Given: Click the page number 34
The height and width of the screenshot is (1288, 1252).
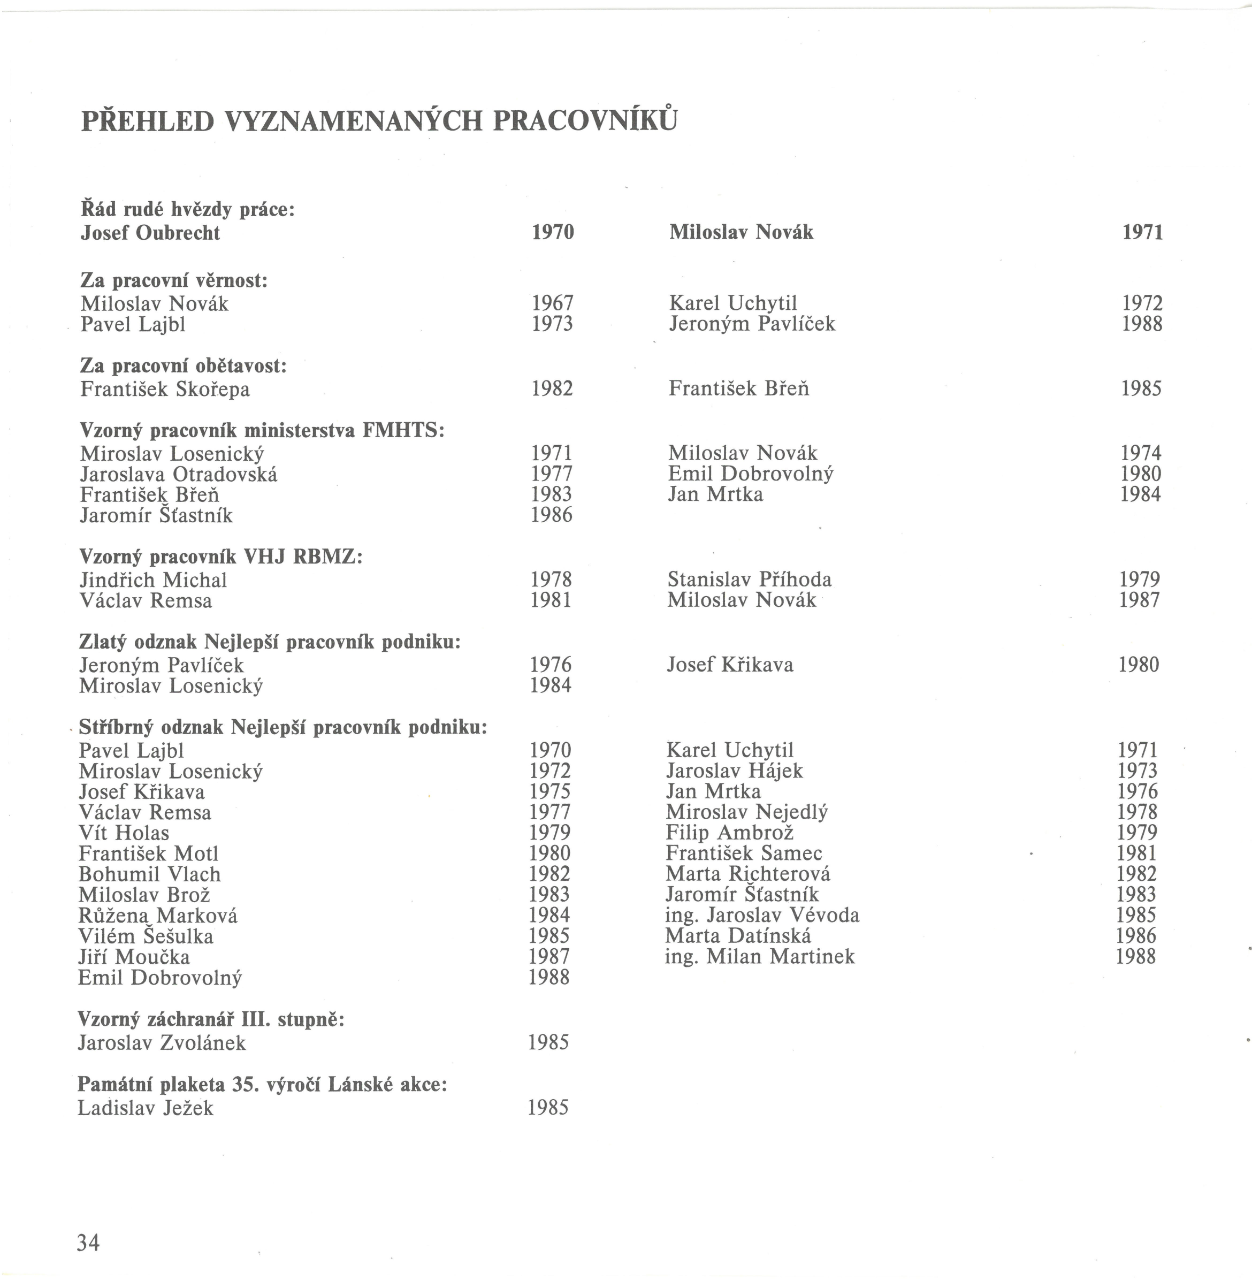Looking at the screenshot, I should (88, 1243).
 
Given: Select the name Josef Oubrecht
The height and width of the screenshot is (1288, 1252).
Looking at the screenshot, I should (150, 233).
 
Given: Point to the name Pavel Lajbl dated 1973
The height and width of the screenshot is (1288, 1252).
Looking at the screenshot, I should (133, 325).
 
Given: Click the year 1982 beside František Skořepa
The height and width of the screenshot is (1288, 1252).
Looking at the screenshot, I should (552, 388).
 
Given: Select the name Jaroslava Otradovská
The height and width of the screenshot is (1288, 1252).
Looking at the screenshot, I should (178, 474).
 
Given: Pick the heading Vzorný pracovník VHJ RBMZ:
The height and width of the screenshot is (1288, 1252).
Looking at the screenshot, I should (221, 557).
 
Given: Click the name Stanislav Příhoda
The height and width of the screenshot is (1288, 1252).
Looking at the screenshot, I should (749, 579).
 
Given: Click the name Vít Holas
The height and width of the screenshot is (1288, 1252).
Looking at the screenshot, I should (124, 833).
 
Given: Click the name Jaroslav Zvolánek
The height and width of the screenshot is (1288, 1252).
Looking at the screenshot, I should (161, 1043).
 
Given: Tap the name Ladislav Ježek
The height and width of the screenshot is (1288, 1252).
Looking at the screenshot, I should (146, 1108).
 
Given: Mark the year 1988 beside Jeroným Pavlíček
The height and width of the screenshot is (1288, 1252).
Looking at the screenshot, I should (1142, 324).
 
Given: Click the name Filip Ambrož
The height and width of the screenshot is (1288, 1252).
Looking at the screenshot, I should (729, 833).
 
